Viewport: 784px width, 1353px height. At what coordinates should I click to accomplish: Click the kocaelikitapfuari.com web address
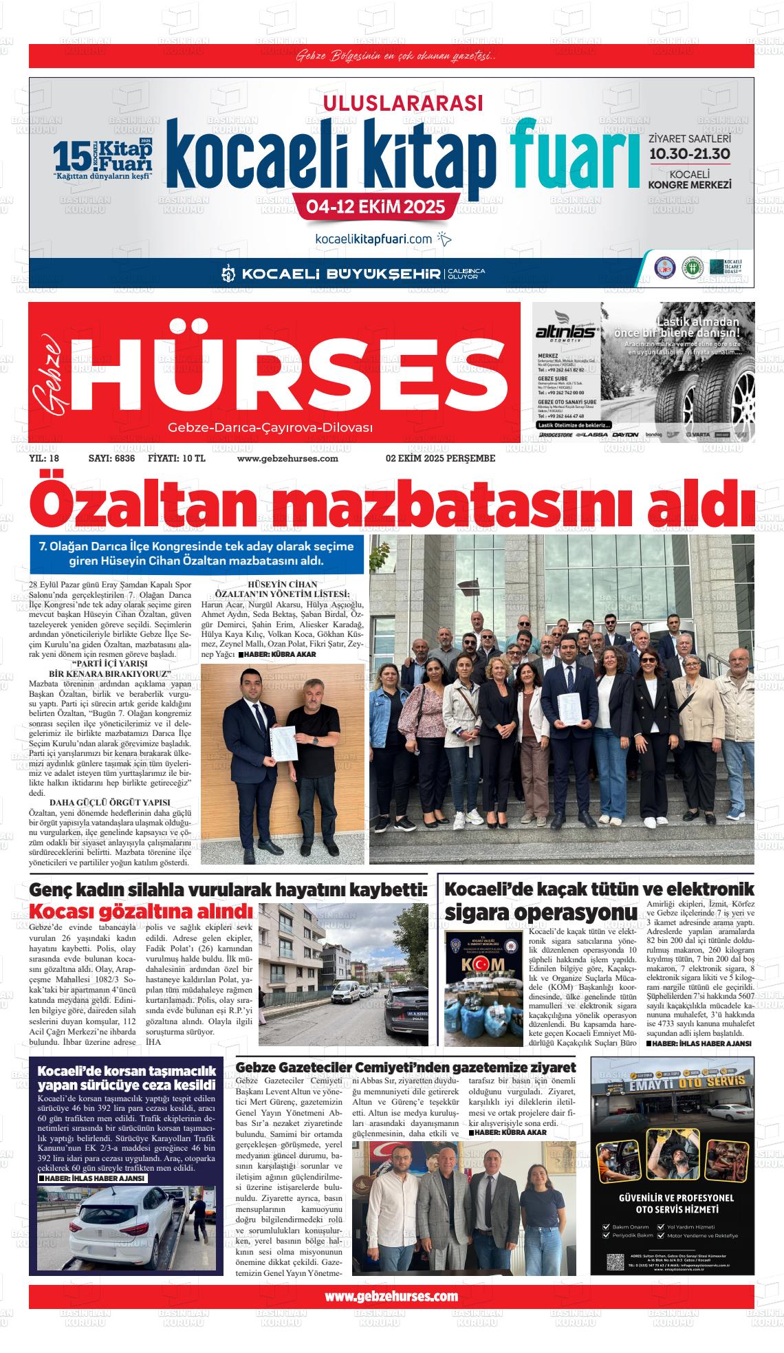pyautogui.click(x=373, y=239)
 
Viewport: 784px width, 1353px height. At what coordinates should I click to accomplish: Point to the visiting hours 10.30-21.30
pyautogui.click(x=690, y=153)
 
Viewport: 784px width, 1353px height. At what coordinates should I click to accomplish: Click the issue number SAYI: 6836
pyautogui.click(x=111, y=458)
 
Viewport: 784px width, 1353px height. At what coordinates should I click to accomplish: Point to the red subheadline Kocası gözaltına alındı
pyautogui.click(x=140, y=912)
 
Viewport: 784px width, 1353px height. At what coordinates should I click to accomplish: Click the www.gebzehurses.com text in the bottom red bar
pyautogui.click(x=391, y=1297)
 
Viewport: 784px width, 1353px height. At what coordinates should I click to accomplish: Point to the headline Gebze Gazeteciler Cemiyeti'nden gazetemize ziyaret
pyautogui.click(x=405, y=1067)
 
